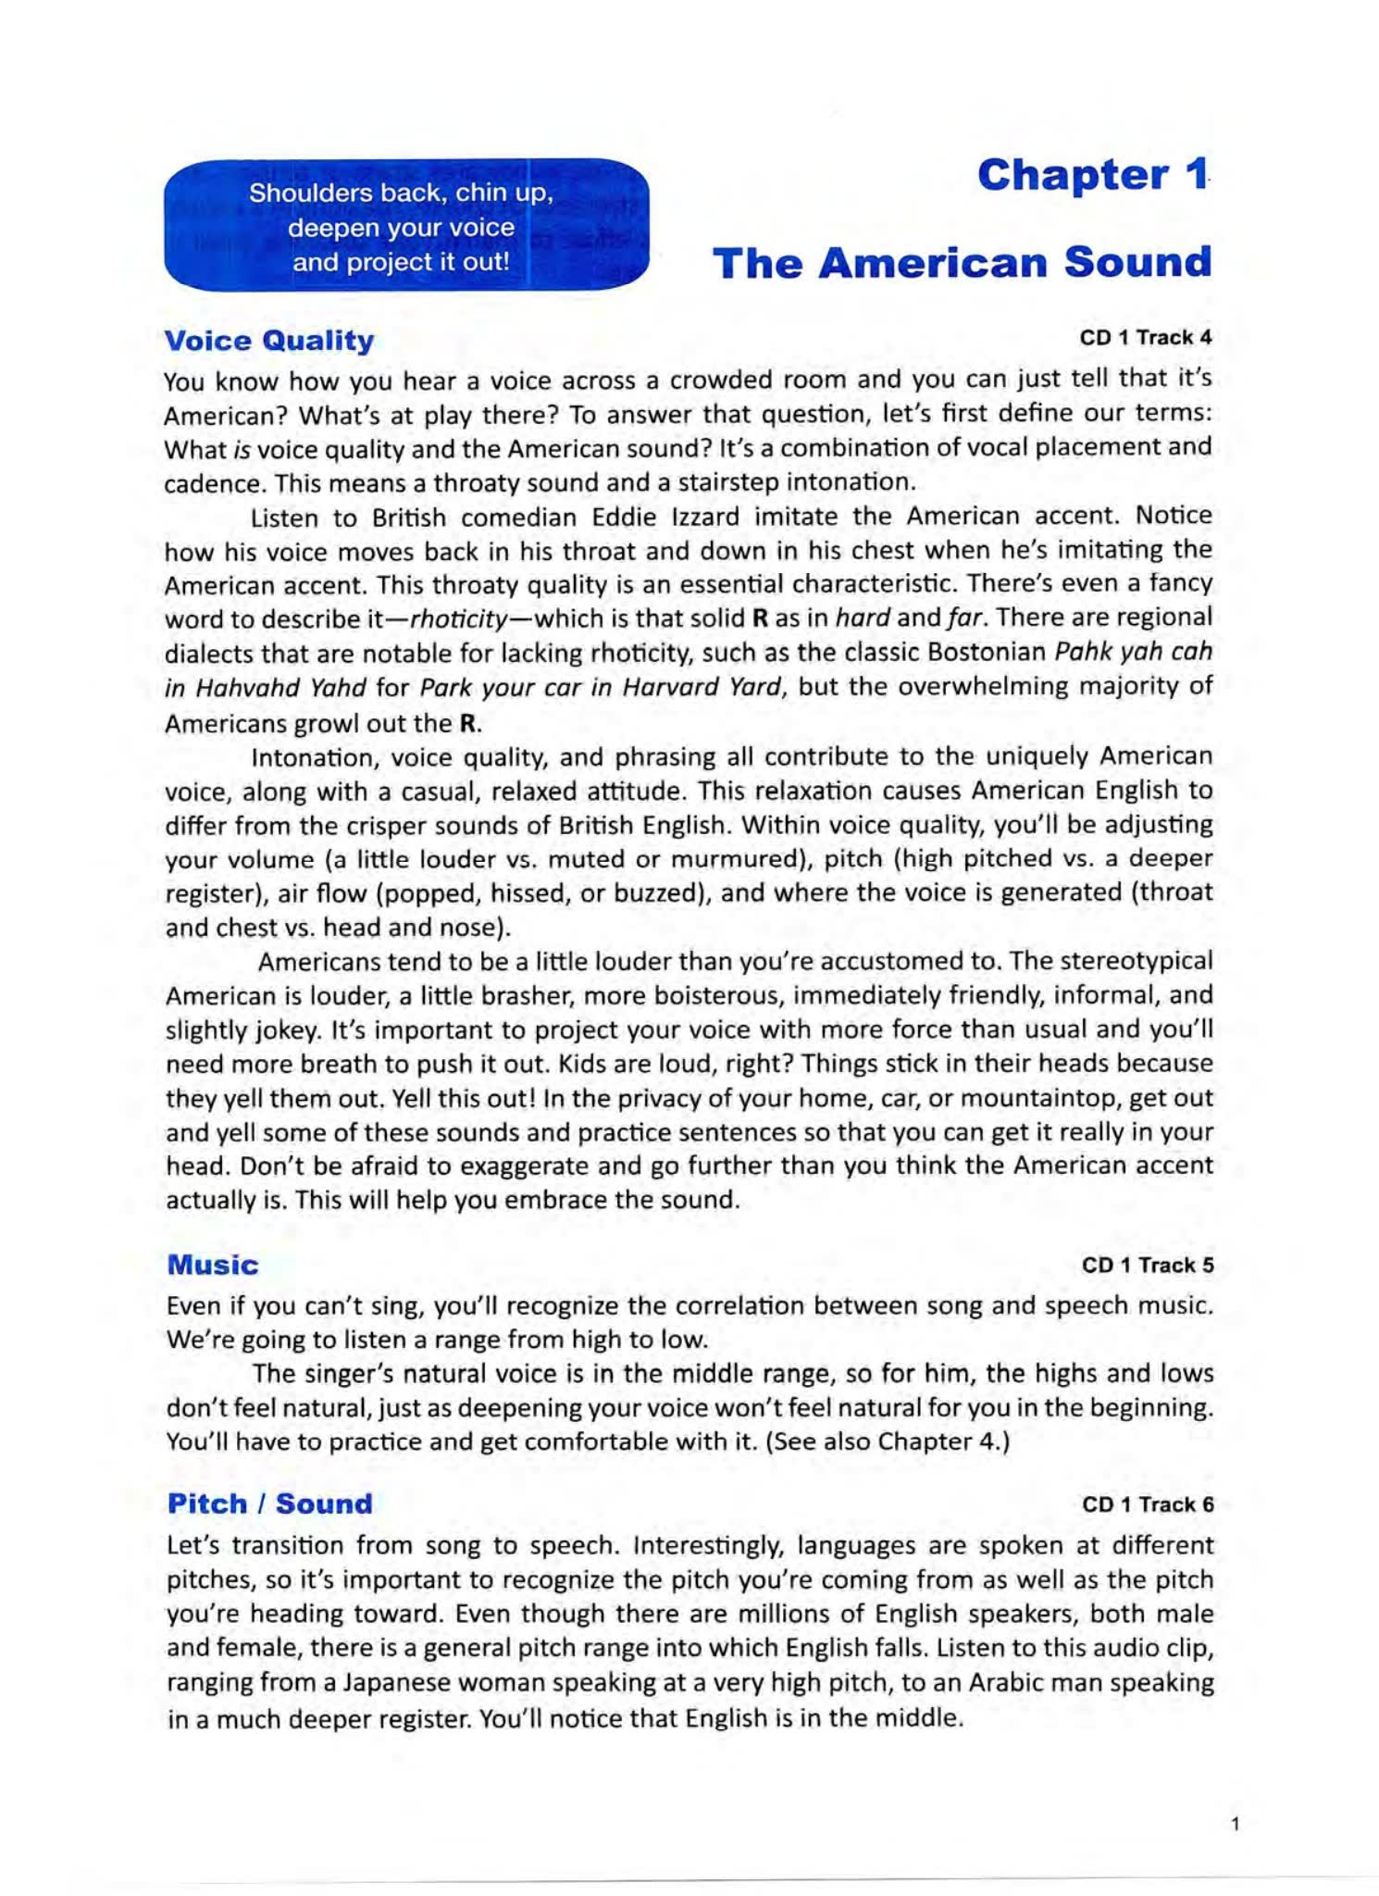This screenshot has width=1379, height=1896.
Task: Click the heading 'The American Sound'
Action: pos(961,263)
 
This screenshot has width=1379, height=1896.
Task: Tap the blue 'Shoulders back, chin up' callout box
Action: pos(405,227)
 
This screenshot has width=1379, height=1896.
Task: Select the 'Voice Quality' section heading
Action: pos(268,341)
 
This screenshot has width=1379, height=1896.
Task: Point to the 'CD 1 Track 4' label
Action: pos(1145,338)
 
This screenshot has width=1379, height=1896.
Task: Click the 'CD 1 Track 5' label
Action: pos(1147,1266)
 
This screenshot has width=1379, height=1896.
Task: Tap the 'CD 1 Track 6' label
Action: pos(1147,1504)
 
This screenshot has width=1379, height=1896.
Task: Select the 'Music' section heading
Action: pos(213,1266)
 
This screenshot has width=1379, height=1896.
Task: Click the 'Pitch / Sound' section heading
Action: pos(269,1504)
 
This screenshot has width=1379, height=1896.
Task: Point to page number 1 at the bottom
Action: pos(1235,1825)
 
